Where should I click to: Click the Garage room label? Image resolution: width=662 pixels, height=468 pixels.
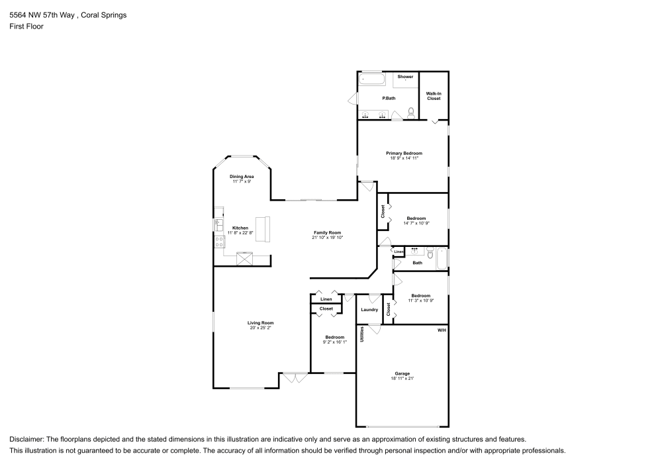(x=402, y=374)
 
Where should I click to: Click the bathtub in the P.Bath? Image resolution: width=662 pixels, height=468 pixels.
(x=372, y=79)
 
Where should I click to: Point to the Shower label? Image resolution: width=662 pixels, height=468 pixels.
(x=405, y=77)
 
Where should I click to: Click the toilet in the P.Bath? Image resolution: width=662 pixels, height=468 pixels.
(x=411, y=112)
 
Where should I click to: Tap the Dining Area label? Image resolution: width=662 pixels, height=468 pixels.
(x=242, y=177)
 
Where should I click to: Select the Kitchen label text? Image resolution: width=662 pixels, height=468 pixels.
(x=240, y=228)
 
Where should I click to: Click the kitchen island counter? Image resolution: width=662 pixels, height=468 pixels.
(x=264, y=228)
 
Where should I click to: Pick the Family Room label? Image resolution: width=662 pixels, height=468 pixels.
(x=327, y=232)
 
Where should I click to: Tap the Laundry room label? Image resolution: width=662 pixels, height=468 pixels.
(x=369, y=310)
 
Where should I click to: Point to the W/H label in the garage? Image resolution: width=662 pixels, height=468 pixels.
(x=442, y=329)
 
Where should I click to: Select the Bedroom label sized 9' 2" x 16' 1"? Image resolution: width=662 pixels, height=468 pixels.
(x=334, y=337)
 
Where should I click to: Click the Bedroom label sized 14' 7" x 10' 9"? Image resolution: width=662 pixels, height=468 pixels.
(x=416, y=218)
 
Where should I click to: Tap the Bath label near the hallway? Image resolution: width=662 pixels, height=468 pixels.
(x=417, y=263)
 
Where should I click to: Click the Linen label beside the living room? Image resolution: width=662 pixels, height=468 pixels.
(x=326, y=299)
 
